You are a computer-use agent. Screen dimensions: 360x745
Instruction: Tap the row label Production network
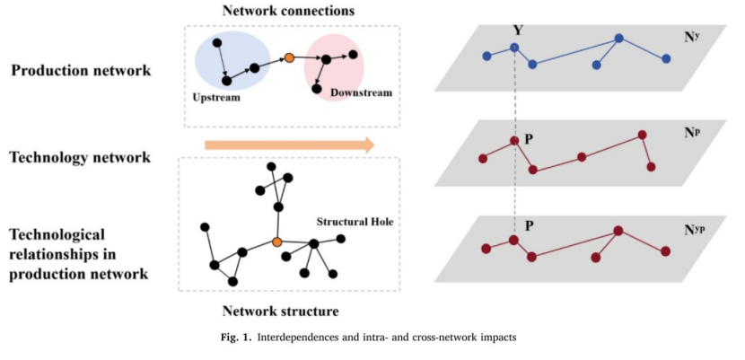(81, 70)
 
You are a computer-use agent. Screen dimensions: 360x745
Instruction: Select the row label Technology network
(80, 157)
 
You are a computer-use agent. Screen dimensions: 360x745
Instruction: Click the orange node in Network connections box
(289, 59)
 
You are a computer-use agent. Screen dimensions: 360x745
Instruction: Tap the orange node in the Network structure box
(276, 242)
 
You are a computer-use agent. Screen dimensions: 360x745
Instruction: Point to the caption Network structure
(281, 312)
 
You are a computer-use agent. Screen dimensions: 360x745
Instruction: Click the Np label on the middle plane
(689, 131)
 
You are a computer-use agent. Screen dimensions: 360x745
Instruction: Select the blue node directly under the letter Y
(514, 48)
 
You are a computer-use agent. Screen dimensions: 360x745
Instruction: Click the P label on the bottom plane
(530, 225)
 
